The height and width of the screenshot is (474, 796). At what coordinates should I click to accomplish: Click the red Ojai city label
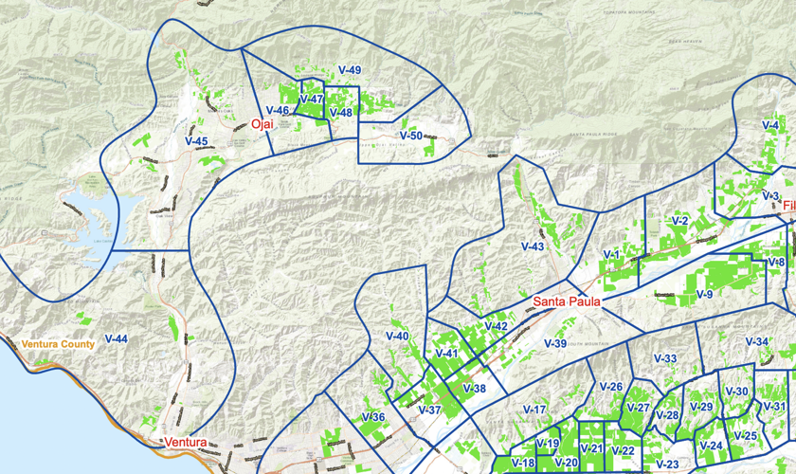point(262,124)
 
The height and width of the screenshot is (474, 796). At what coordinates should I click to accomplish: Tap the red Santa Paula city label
point(567,301)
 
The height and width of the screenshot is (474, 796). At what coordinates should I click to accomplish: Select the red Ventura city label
point(185,443)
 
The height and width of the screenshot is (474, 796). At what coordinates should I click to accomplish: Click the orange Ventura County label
point(58,344)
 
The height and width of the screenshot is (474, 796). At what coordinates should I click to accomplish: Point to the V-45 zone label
point(196,141)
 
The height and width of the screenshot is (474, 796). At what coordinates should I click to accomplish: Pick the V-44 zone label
point(117,338)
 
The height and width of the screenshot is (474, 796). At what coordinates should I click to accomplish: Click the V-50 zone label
point(410,136)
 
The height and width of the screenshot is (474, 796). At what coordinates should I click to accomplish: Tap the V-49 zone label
point(350,70)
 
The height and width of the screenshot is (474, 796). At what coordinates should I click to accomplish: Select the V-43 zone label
point(533,246)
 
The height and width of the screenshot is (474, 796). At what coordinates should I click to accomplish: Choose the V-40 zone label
point(397,337)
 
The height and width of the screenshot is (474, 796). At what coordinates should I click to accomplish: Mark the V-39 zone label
point(554,343)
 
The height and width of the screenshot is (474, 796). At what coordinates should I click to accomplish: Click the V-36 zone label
point(372,417)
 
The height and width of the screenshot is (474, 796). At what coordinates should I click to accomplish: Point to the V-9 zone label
point(704,295)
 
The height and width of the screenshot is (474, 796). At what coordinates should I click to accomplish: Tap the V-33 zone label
point(665,358)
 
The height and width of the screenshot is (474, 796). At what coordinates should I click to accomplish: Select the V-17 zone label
point(534,410)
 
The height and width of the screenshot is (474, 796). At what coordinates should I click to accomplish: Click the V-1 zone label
point(611,255)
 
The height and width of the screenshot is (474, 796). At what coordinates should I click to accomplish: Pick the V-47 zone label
point(312,99)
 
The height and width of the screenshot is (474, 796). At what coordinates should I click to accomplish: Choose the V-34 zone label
point(756,341)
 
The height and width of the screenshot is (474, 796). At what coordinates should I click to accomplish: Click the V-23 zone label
point(667,464)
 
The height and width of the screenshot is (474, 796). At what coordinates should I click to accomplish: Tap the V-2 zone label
point(679,221)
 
